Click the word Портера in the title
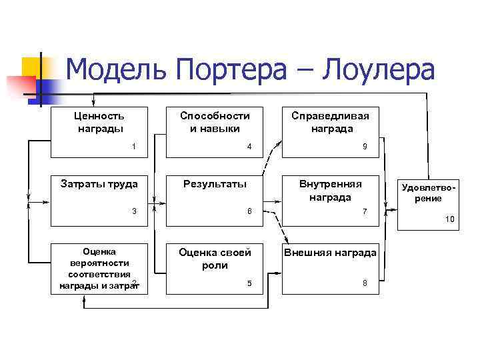click(x=239, y=69)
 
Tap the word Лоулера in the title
click(x=378, y=69)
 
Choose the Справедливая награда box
click(x=330, y=131)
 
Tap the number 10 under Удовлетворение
click(x=449, y=219)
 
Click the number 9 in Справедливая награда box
click(x=364, y=146)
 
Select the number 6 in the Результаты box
click(x=249, y=211)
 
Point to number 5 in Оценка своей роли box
click(x=249, y=283)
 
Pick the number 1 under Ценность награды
click(x=134, y=146)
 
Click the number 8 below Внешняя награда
click(x=364, y=283)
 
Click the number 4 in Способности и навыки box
click(x=249, y=146)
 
